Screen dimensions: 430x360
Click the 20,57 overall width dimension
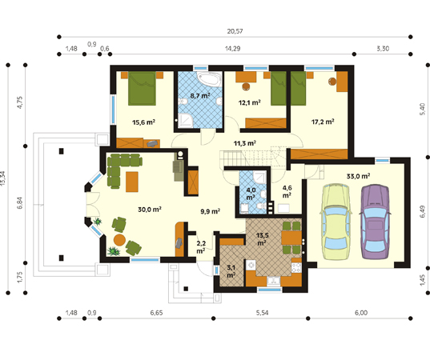(235, 31)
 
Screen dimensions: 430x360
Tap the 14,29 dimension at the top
(232, 49)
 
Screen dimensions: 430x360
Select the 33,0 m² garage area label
(358, 176)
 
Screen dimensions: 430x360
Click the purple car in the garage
(376, 222)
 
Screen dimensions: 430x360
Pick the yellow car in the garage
(336, 222)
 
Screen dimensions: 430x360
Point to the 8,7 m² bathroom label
(200, 96)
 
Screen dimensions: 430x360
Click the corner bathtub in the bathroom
(209, 79)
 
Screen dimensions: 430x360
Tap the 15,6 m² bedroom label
(143, 122)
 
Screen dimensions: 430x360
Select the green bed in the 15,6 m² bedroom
(142, 89)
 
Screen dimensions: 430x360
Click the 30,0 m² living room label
(150, 210)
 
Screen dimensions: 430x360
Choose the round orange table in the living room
(119, 240)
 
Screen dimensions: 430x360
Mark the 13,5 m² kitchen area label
(263, 239)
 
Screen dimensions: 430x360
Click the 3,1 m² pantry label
(231, 271)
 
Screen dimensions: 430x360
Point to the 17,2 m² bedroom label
(323, 122)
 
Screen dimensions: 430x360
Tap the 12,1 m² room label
(249, 102)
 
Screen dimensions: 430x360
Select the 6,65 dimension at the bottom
(156, 313)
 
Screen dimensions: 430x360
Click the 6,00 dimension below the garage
(361, 313)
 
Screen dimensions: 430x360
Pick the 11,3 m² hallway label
(245, 143)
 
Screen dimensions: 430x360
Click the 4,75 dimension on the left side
(20, 102)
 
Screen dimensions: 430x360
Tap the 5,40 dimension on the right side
(423, 109)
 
